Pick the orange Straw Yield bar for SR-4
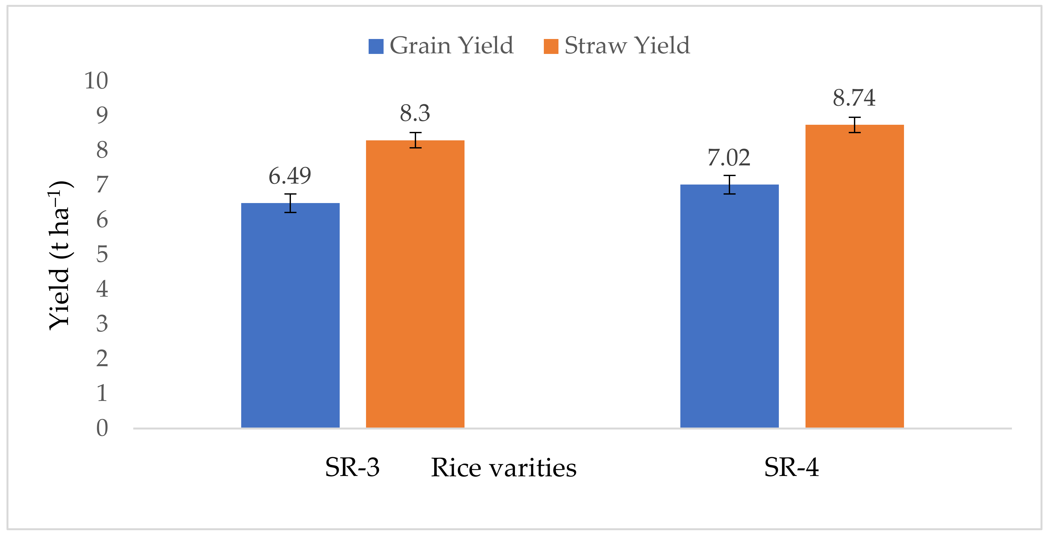[854, 276]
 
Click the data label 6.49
[290, 176]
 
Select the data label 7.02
[729, 158]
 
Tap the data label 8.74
[854, 98]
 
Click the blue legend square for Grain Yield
[375, 46]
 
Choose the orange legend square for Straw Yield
[551, 46]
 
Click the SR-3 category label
[352, 467]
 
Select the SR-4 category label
[791, 467]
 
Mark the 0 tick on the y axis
[102, 428]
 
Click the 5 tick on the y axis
[102, 255]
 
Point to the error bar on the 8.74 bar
[854, 125]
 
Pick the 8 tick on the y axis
[102, 150]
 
